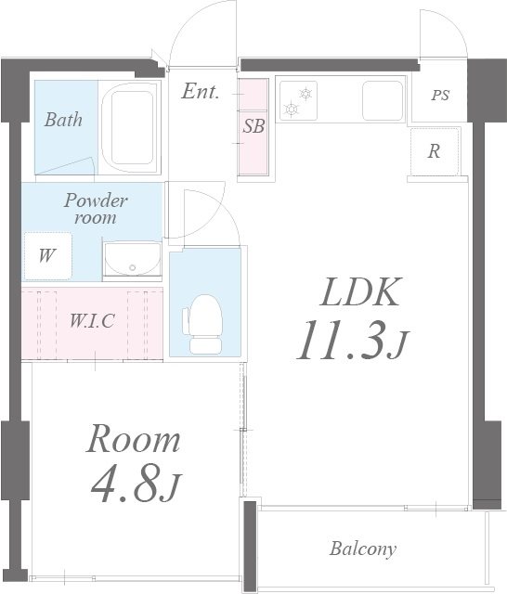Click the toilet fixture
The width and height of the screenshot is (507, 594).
(202, 324)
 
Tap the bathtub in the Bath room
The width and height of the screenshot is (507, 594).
(131, 127)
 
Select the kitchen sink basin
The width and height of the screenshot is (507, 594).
(383, 100)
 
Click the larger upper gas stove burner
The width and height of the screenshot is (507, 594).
(305, 93)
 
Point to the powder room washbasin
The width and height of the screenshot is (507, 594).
(132, 259)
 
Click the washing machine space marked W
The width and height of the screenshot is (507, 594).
(47, 256)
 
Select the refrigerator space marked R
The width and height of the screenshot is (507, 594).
(435, 151)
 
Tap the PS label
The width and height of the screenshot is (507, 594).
(440, 95)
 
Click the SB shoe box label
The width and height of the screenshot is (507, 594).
(253, 126)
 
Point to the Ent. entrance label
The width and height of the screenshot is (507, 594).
(200, 91)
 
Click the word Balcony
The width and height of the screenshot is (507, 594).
(363, 549)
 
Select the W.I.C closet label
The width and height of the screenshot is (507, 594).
(92, 321)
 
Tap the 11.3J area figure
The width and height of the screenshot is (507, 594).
(352, 341)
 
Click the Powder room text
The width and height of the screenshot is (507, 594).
(96, 209)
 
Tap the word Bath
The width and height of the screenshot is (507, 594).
(63, 120)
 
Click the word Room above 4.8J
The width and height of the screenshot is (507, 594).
(134, 439)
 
